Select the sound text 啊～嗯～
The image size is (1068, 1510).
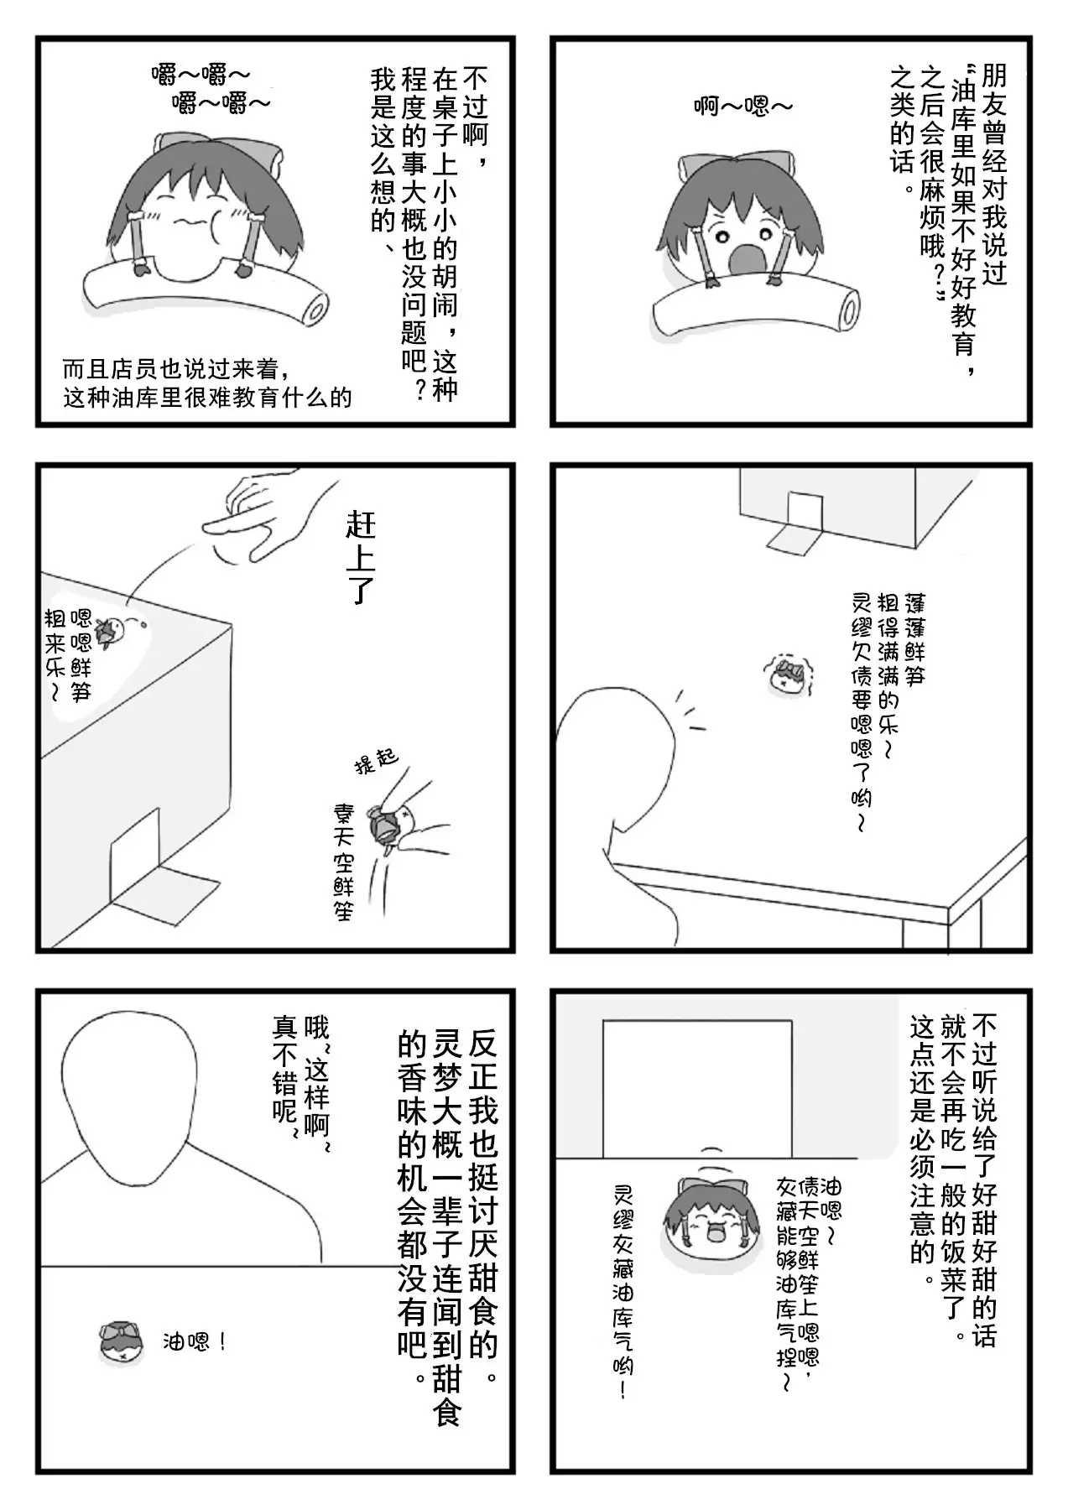click(742, 107)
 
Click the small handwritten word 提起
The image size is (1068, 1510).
click(376, 761)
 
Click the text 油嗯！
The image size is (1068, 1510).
click(195, 1343)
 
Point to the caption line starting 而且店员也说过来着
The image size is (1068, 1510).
click(176, 369)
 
